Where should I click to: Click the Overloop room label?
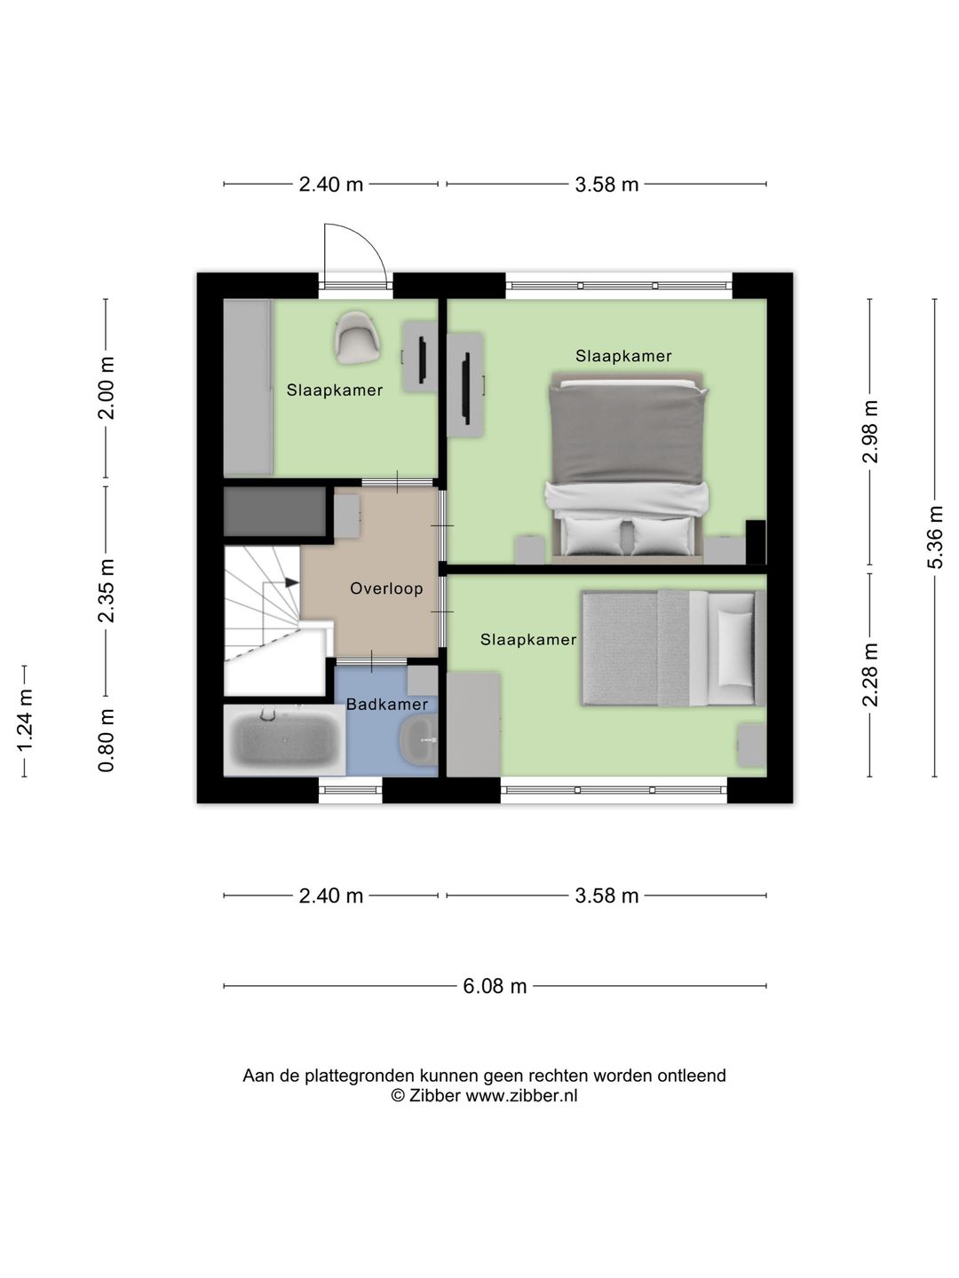point(386,588)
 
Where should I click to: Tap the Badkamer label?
point(386,704)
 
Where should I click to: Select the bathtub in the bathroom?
point(285,740)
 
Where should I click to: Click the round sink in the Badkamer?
point(418,740)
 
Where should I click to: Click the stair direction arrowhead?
point(292,582)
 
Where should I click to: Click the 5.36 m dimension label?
point(935,537)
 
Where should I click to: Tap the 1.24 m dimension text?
point(25,721)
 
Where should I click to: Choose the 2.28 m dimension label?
point(869,674)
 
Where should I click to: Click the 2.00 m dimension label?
point(106,388)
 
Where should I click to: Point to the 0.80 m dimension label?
point(106,740)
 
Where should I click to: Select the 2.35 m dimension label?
point(106,590)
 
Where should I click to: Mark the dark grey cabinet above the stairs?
point(275,511)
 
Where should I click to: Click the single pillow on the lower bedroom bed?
point(736,648)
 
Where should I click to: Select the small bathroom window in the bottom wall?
point(350,790)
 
